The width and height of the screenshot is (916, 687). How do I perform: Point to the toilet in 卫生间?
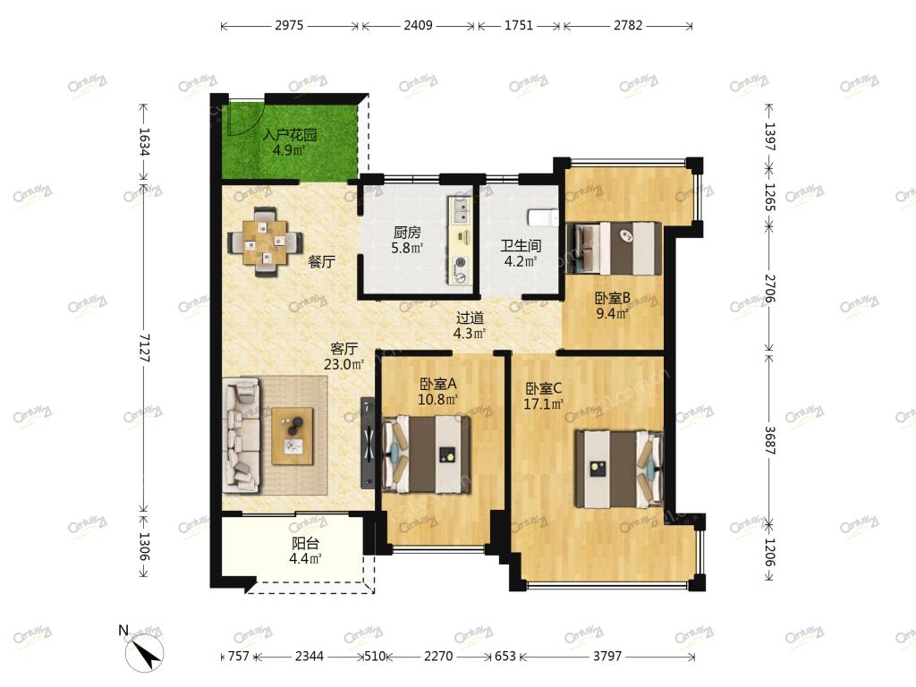[x=543, y=218]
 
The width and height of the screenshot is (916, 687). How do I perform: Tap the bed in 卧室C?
[x=619, y=469]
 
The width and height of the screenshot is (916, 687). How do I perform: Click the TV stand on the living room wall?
[x=368, y=443]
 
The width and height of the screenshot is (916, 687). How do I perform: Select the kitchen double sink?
[x=461, y=210]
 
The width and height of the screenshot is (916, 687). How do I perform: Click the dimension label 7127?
[x=144, y=348]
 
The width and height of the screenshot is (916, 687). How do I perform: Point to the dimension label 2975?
[x=289, y=25]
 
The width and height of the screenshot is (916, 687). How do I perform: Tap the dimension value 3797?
[x=607, y=656]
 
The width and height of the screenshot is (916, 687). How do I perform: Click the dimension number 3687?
[x=769, y=440]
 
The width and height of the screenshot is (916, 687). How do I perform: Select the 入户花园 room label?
[x=290, y=135]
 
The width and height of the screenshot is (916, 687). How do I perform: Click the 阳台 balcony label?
[x=306, y=543]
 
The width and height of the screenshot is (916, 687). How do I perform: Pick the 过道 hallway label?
[x=470, y=318]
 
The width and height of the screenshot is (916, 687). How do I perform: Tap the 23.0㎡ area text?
[x=344, y=365]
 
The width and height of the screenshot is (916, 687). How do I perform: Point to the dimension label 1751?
[x=518, y=25]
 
